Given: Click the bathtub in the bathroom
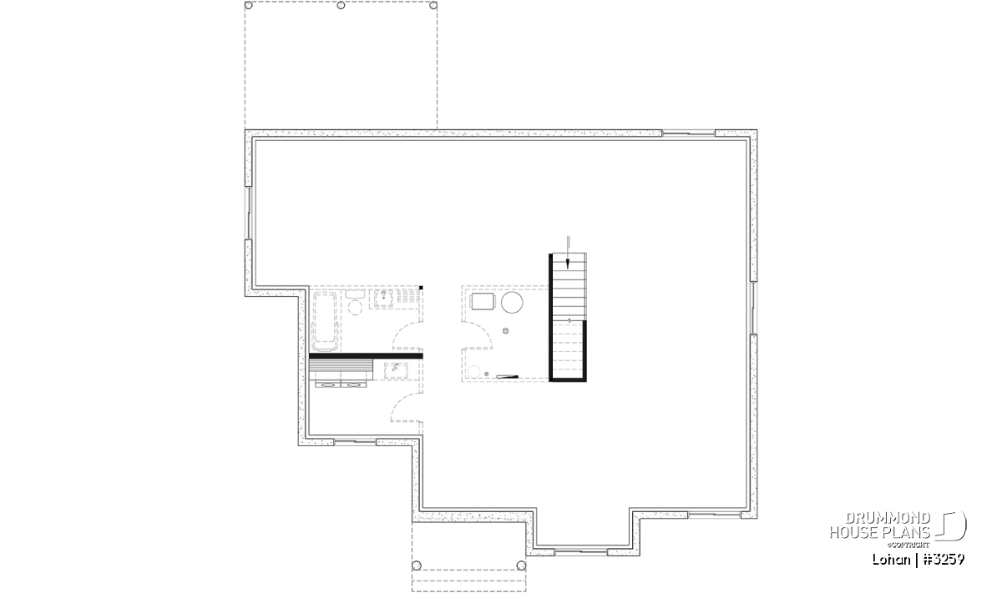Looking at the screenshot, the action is coord(324,321).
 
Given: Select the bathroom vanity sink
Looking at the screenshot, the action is coord(384,299).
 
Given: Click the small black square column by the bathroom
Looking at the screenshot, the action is coord(421,288).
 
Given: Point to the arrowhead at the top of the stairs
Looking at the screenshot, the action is coord(568,264).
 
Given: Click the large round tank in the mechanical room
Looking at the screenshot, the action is coord(512,303).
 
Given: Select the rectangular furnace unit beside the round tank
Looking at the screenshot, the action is coord(483,301).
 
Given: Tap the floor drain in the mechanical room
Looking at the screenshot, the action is coord(505,331).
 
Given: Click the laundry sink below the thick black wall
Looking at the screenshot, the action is coord(396,370).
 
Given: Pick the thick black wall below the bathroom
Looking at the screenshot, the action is coord(366,355).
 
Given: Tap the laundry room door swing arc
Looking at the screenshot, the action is coord(402,401).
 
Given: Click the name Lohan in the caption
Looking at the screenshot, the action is coord(891,559).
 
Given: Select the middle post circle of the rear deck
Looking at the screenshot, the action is coord(341,5).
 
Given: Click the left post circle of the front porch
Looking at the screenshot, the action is coord(417,565).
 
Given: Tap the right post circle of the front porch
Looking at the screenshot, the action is coord(521,565).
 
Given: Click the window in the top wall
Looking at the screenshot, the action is coord(688,133).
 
